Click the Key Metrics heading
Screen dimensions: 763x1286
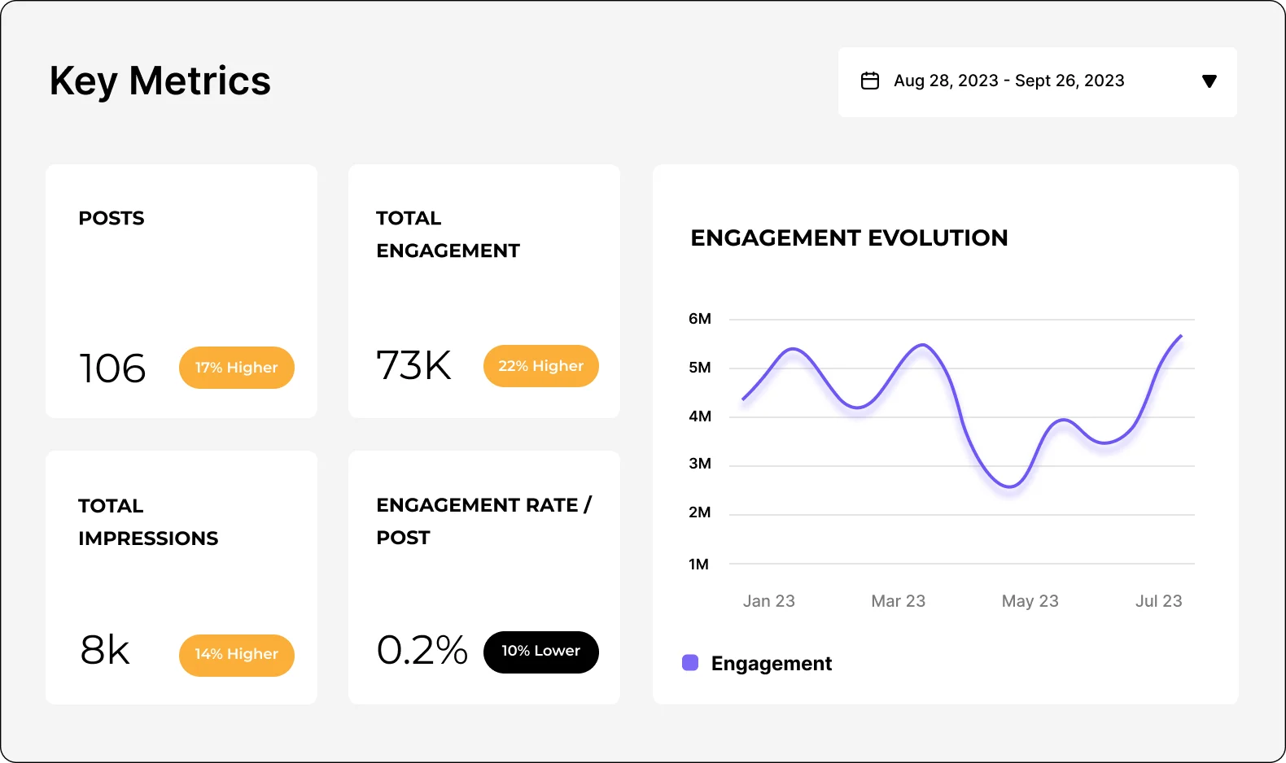[160, 81]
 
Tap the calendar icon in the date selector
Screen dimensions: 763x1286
[870, 81]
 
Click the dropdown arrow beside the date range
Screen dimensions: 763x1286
[1209, 81]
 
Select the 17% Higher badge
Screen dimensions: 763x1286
[236, 368]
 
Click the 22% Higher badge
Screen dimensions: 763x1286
[540, 366]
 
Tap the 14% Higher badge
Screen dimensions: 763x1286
[236, 655]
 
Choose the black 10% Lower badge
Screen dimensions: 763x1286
[540, 652]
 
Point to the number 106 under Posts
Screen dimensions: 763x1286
[112, 368]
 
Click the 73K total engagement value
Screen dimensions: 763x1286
[413, 365]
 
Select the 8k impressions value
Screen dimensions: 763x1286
[105, 650]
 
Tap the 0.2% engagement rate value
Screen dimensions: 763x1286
[422, 650]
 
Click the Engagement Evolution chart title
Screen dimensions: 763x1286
[849, 238]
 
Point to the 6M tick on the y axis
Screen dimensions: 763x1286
[699, 319]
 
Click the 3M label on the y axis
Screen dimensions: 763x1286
[699, 464]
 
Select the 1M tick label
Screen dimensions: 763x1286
[698, 564]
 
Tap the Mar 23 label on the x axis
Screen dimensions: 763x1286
[898, 601]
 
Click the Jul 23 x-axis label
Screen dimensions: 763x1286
[1158, 601]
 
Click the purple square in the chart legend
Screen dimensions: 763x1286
[690, 663]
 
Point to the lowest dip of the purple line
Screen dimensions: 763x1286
[1009, 486]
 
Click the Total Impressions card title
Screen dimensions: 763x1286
[147, 521]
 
